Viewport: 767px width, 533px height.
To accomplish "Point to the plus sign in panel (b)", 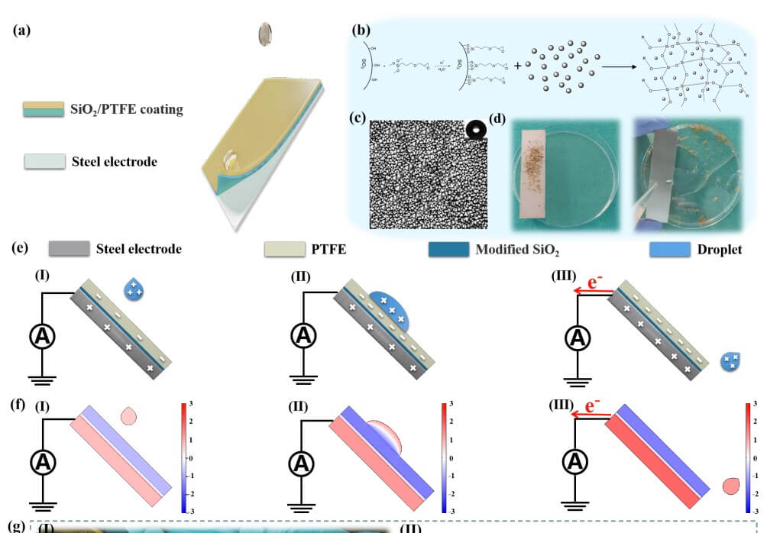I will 519,66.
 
